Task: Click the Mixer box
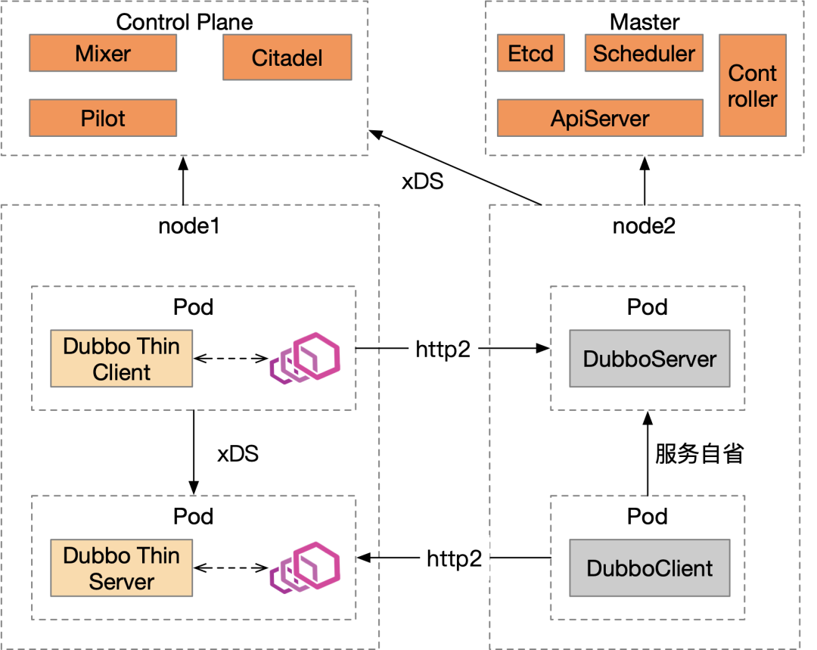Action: pyautogui.click(x=103, y=54)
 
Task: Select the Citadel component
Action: pyautogui.click(x=287, y=58)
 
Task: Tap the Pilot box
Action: pyautogui.click(x=103, y=119)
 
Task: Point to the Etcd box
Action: pyautogui.click(x=530, y=54)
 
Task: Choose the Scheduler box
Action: pyautogui.click(x=644, y=54)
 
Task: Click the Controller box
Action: pyautogui.click(x=752, y=86)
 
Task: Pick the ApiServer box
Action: pyautogui.click(x=600, y=119)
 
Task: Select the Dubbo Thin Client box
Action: pyautogui.click(x=121, y=359)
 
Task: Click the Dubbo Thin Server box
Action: pyautogui.click(x=121, y=568)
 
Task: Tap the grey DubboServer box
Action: pyautogui.click(x=649, y=359)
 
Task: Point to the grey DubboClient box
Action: pyautogui.click(x=649, y=568)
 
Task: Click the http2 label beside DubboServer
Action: pyautogui.click(x=443, y=349)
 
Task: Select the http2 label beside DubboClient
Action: pyautogui.click(x=455, y=558)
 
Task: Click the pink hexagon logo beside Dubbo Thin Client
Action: pyautogui.click(x=306, y=357)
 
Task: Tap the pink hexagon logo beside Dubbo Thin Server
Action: pyautogui.click(x=306, y=567)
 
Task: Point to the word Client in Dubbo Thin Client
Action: pyautogui.click(x=121, y=372)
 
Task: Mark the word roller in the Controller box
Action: pyautogui.click(x=752, y=99)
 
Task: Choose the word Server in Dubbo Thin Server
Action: pyautogui.click(x=121, y=582)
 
